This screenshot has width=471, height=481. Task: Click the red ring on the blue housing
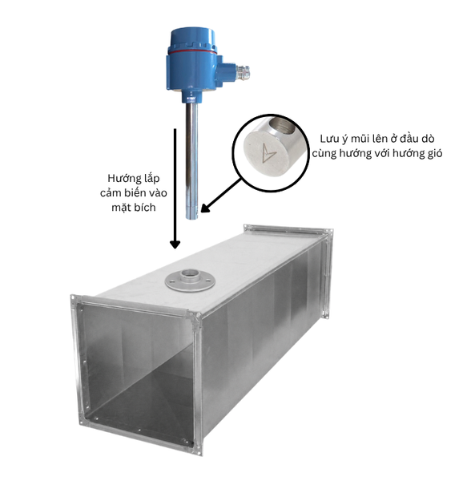(192, 52)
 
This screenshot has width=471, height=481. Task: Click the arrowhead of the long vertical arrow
(175, 245)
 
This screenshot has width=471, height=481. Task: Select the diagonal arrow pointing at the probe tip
(220, 196)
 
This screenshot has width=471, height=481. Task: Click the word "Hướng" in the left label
(122, 179)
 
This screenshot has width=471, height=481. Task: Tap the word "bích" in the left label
(146, 208)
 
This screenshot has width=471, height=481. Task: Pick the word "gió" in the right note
(435, 153)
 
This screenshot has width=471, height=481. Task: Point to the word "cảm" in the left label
(111, 193)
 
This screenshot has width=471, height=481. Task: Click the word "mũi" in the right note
(360, 139)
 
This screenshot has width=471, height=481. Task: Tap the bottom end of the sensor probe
(192, 218)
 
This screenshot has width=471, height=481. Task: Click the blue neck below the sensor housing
(191, 95)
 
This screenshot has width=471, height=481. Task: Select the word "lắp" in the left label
(150, 179)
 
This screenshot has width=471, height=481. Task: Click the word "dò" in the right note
(428, 139)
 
